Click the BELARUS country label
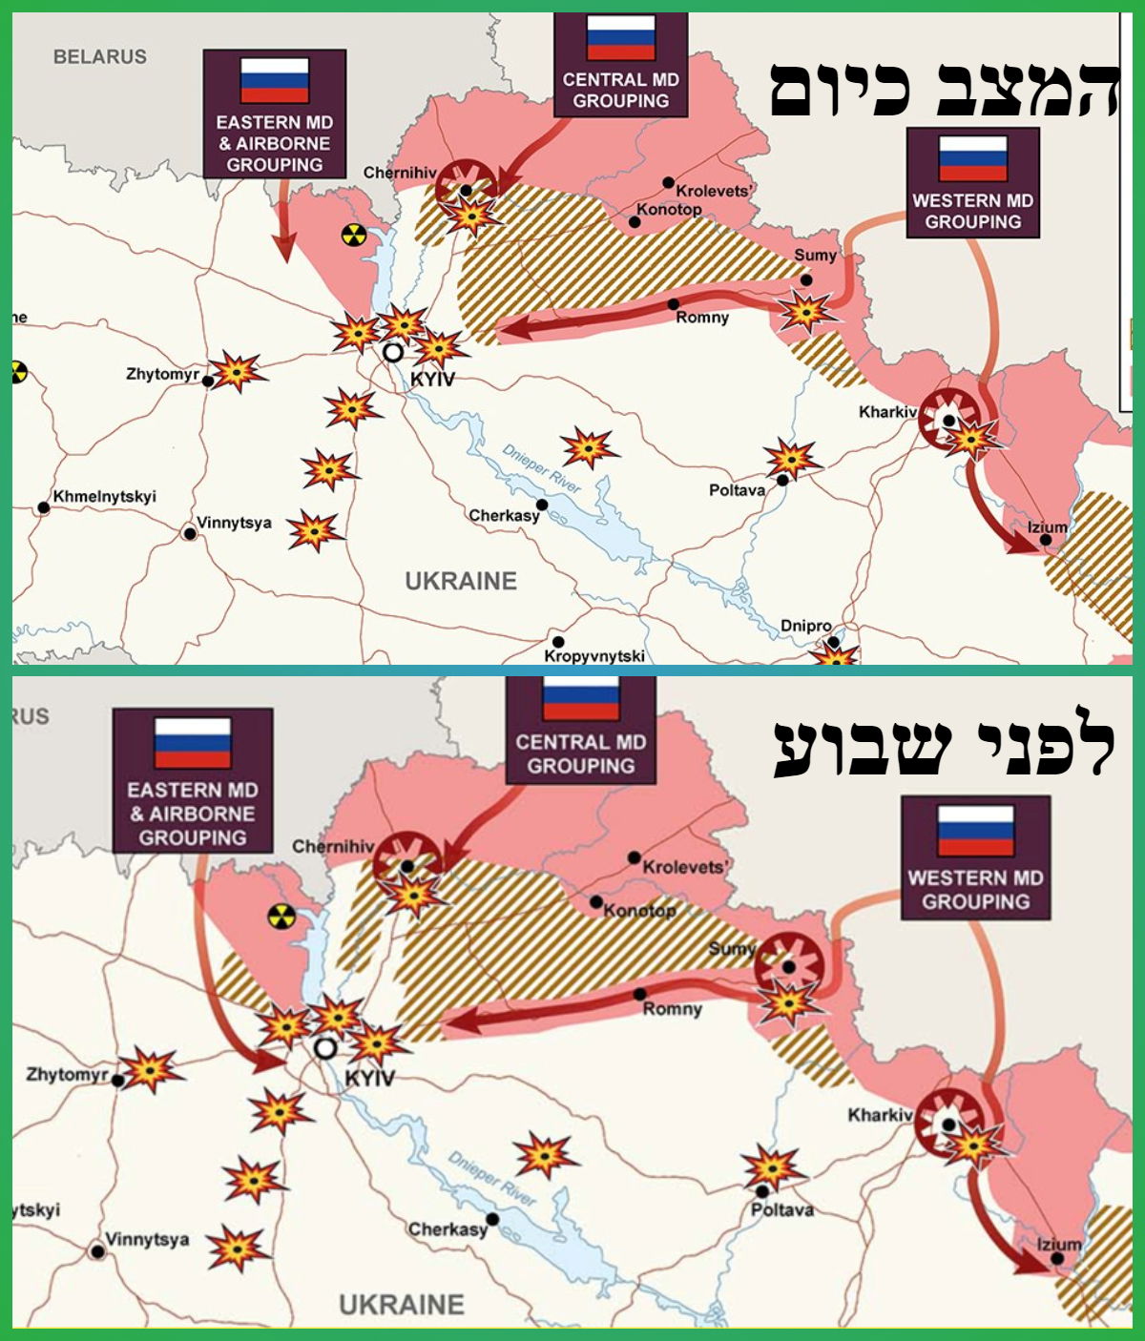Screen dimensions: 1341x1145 click(x=100, y=56)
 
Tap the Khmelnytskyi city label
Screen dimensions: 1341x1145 click(x=104, y=497)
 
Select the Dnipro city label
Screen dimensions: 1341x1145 click(x=806, y=626)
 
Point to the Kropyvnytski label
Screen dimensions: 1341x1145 click(x=594, y=655)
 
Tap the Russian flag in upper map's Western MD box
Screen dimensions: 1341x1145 click(x=972, y=158)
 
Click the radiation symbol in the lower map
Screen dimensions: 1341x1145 click(x=281, y=916)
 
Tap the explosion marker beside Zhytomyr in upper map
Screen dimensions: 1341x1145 click(x=236, y=371)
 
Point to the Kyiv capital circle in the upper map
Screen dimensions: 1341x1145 click(x=392, y=352)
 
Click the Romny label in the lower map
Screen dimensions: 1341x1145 click(x=672, y=1008)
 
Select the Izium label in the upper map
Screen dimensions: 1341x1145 click(x=1047, y=526)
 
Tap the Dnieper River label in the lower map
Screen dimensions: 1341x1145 click(x=492, y=1178)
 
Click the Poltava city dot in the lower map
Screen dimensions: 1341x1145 click(x=761, y=1191)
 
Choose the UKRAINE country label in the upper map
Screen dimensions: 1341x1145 click(x=461, y=581)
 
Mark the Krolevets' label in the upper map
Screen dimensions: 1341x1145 click(x=714, y=191)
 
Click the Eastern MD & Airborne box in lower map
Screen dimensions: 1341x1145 click(x=192, y=780)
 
